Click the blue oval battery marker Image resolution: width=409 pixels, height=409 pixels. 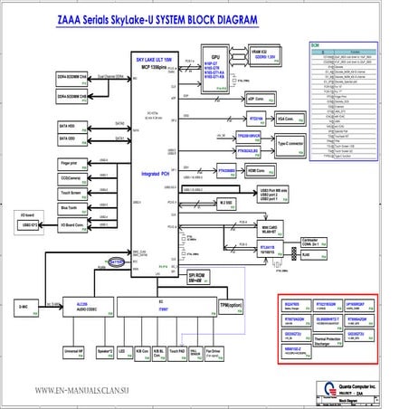tap(117, 262)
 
